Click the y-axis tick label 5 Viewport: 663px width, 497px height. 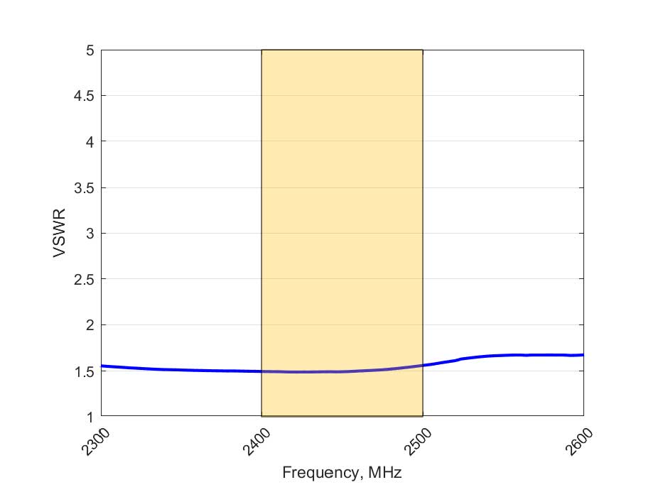(90, 50)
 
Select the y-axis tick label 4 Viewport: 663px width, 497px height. (90, 142)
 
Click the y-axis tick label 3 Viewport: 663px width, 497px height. (90, 234)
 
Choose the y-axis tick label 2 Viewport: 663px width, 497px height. (90, 325)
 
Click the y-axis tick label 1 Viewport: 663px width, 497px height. (90, 417)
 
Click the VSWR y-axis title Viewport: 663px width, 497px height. (60, 233)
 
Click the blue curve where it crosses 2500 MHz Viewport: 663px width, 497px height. (423, 366)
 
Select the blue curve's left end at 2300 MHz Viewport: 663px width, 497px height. (102, 366)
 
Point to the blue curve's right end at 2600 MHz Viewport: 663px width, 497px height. (583, 355)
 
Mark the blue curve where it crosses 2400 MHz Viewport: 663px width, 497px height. (262, 371)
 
